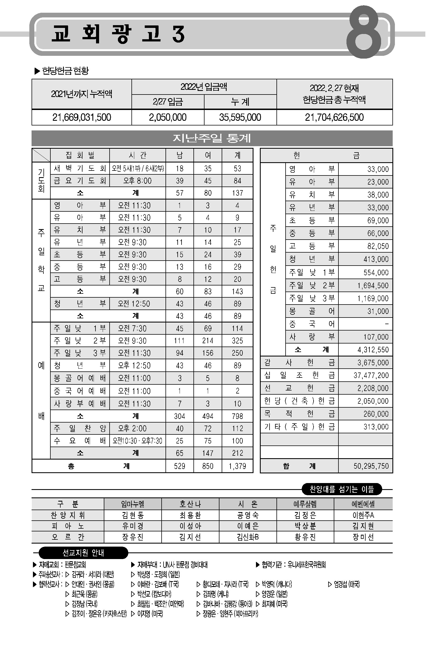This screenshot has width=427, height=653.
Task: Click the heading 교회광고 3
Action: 118,34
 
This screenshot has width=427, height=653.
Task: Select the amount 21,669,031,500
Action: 82,117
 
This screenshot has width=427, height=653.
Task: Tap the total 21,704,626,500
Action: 334,117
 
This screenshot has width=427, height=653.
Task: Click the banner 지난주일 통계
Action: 212,138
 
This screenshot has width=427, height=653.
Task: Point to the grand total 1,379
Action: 237,466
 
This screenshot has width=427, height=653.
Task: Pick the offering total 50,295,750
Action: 371,466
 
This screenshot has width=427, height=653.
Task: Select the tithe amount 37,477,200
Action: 371,375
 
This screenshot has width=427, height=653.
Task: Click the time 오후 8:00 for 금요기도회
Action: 137,181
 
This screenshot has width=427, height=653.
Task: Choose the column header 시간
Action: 138,155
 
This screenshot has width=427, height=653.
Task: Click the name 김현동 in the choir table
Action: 133,515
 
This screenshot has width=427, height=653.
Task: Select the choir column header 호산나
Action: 190,504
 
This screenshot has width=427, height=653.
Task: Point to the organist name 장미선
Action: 363,537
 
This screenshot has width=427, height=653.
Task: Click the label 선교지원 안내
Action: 83,553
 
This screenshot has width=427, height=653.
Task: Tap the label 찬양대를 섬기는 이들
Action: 341,489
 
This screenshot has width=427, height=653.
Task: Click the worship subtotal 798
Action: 237,416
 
